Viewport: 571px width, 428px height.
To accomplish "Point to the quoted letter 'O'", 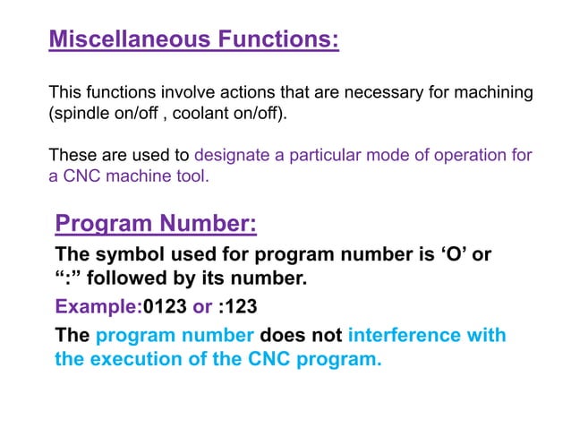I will [x=449, y=253].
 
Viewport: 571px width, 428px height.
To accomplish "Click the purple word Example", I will [x=96, y=307].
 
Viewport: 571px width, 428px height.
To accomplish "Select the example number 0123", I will [x=165, y=307].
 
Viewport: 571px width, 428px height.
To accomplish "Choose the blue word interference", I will [x=427, y=336].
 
